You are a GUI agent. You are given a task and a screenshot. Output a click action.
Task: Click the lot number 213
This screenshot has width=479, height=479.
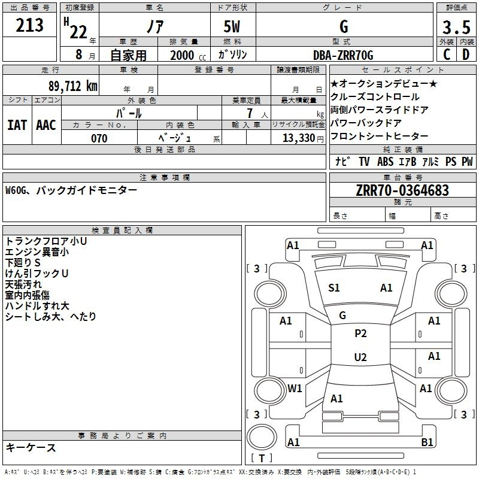coord(29,25)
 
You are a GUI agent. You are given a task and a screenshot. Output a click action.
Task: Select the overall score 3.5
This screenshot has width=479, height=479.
coord(456,27)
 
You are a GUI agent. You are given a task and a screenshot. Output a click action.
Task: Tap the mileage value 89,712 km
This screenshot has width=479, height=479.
coord(73,86)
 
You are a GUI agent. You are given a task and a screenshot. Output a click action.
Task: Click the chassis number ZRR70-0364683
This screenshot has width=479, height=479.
coord(402,190)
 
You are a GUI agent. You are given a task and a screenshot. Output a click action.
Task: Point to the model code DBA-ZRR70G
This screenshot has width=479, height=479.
coord(343,55)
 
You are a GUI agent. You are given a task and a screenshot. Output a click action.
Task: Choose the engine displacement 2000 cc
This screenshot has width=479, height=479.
coord(188,55)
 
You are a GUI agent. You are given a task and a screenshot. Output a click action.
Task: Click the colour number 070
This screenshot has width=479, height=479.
coord(99,138)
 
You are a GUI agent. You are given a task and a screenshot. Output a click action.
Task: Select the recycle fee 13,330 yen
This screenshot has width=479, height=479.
coord(303,138)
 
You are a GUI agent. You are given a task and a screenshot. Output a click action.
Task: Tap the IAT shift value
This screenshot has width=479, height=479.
coord(17,125)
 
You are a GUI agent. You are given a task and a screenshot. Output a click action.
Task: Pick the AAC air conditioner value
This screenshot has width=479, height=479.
coord(46,125)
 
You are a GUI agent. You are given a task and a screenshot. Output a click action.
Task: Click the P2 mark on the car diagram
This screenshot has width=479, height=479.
coord(360,334)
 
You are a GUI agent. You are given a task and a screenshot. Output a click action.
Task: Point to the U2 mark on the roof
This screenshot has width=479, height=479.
coord(360,357)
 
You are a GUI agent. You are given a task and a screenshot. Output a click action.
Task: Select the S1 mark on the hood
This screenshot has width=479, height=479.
coord(334,288)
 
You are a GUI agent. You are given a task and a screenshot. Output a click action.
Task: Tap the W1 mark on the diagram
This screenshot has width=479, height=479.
coord(295,388)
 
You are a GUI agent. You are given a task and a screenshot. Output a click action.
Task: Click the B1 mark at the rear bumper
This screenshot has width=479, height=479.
coord(427,442)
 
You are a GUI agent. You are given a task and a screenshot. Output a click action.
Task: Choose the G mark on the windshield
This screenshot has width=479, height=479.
coord(342,316)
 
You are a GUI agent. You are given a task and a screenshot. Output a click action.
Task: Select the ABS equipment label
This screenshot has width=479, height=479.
coord(385,162)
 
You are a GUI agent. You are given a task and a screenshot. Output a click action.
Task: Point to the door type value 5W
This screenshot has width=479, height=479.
coord(232,26)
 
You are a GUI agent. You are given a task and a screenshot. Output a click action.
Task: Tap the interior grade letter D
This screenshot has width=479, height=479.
coord(466,54)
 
